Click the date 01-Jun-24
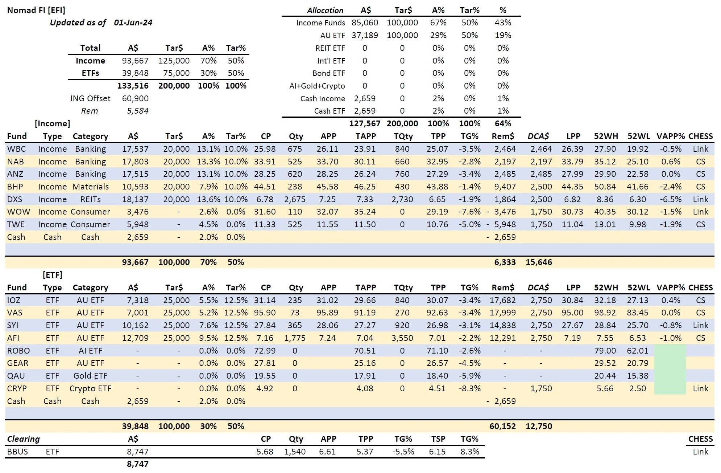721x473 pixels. (133, 23)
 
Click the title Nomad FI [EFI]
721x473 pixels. (36, 10)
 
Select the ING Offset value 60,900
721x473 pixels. (135, 98)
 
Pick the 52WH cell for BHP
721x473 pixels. (605, 187)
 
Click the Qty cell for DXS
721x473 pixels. (295, 199)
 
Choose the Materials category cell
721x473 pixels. (91, 187)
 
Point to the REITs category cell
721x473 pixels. (91, 199)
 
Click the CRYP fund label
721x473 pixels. (17, 388)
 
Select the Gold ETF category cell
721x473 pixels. (90, 376)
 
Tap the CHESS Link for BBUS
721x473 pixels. (700, 452)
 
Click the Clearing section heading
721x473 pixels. (24, 439)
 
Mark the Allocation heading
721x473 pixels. (325, 10)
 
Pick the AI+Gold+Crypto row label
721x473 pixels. (317, 86)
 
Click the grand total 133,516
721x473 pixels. (133, 86)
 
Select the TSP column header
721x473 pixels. (438, 439)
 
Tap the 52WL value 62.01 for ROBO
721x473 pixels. (638, 351)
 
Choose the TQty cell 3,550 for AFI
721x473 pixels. (402, 338)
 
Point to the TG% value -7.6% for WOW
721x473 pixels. (470, 212)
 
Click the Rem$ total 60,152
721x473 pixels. (502, 426)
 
